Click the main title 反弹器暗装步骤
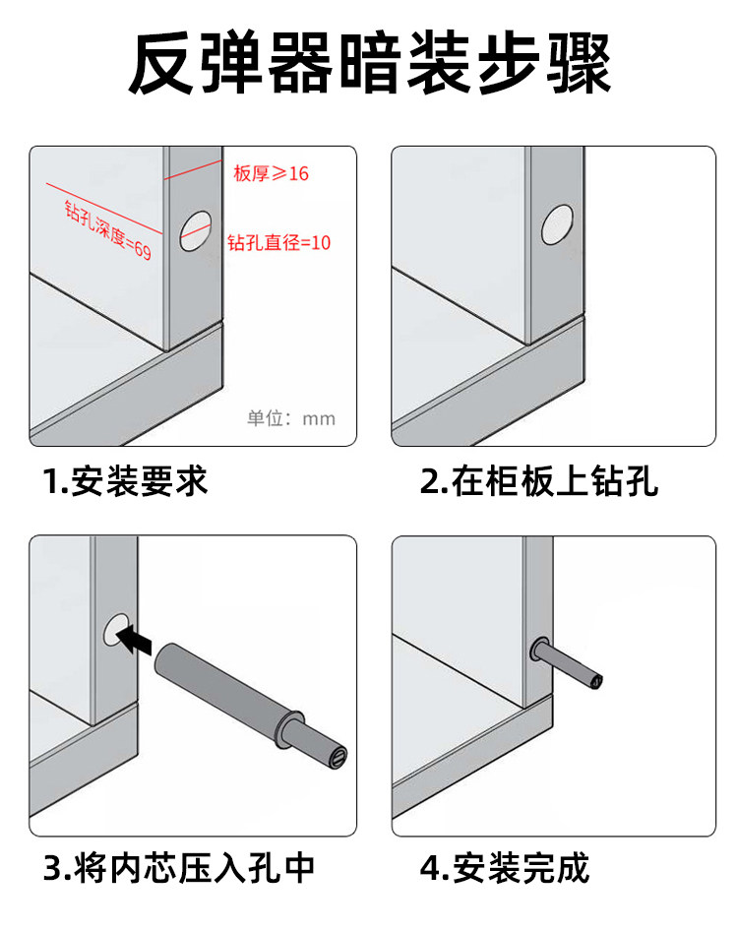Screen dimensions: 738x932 (x=370, y=64)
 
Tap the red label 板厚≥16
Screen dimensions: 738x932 (x=271, y=173)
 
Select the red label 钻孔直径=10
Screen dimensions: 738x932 (x=278, y=242)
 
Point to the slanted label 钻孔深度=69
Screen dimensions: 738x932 (x=108, y=230)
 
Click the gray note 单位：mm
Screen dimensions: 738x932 (x=291, y=418)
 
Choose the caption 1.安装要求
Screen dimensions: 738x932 (x=125, y=481)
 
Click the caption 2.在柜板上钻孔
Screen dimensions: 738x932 (x=539, y=481)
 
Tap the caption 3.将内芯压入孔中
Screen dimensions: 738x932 (x=178, y=868)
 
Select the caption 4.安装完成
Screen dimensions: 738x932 (x=505, y=868)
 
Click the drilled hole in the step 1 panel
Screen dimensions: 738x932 (x=196, y=231)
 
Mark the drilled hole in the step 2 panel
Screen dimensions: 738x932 (x=557, y=224)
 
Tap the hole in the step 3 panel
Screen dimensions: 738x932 (x=116, y=630)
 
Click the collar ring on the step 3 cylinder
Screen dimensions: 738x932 (x=287, y=726)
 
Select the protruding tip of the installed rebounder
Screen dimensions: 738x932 (x=594, y=680)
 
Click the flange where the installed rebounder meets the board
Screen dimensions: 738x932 (x=539, y=651)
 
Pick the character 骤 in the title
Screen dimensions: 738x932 (x=580, y=64)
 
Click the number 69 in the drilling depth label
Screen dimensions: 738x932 (x=143, y=250)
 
